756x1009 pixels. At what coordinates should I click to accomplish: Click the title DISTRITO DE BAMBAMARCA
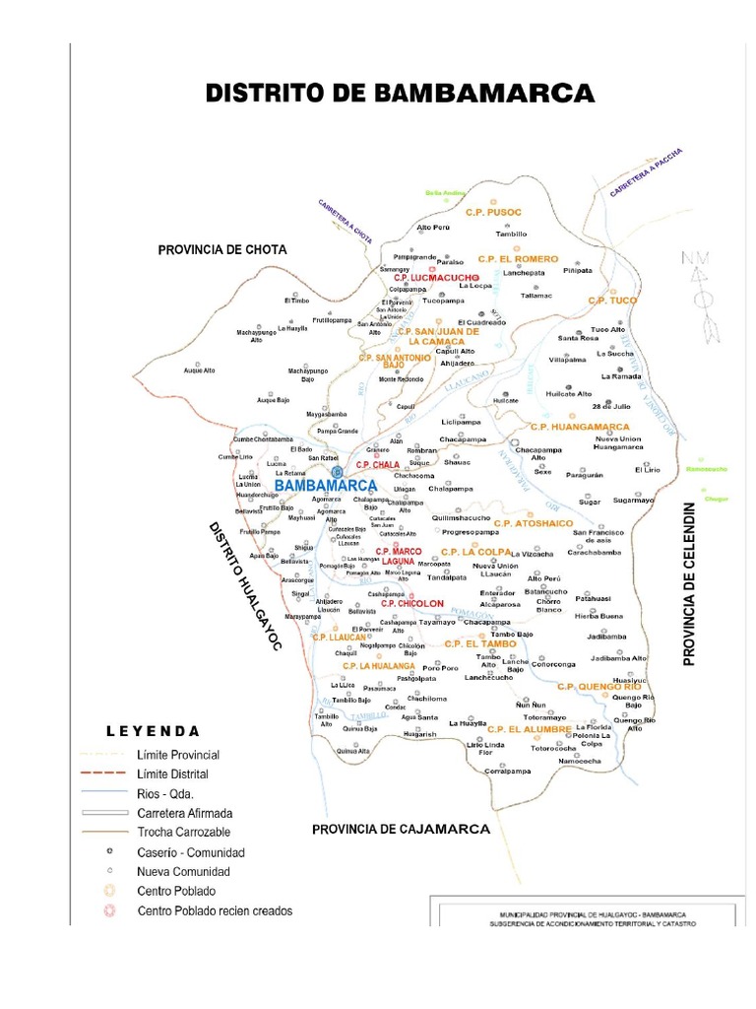click(x=400, y=94)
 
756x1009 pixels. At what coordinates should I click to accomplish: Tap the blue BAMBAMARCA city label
click(x=326, y=486)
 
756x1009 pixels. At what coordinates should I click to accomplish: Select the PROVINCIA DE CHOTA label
click(x=222, y=250)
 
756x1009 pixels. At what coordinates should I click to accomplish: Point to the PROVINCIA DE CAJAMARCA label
click(x=401, y=830)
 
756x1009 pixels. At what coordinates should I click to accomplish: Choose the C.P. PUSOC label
click(x=493, y=212)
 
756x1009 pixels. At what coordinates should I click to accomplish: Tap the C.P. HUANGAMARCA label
click(x=580, y=427)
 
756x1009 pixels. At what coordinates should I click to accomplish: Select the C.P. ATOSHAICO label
click(x=533, y=522)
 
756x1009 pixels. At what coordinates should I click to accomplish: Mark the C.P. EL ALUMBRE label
click(x=530, y=729)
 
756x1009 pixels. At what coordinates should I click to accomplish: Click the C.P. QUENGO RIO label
click(x=598, y=686)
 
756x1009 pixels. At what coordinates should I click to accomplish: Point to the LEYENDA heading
click(x=153, y=731)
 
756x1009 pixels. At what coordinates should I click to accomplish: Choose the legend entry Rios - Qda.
click(x=166, y=793)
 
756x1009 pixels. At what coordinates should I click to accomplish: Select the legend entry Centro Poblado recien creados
click(x=215, y=910)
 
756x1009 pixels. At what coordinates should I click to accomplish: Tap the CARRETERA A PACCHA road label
click(x=646, y=173)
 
